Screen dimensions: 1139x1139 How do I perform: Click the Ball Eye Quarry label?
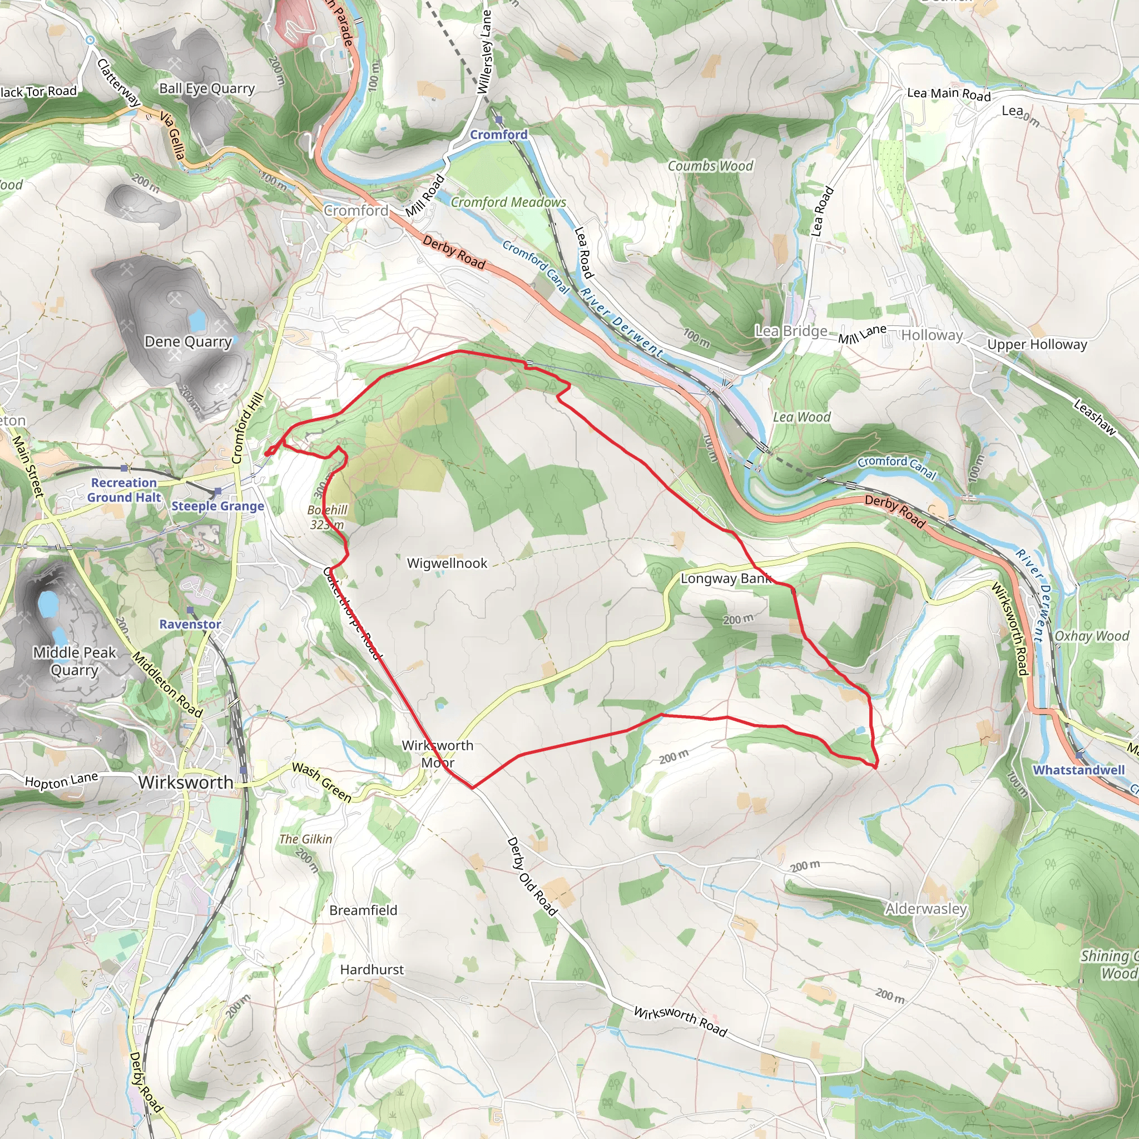pos(207,88)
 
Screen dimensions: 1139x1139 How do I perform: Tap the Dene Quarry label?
pos(188,341)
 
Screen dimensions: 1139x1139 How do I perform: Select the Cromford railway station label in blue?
pos(498,135)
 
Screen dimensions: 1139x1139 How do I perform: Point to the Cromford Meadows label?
pos(508,202)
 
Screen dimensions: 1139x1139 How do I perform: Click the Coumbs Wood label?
pos(710,166)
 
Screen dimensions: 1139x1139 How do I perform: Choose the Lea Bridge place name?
pos(791,331)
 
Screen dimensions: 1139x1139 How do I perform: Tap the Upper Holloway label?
pos(1037,344)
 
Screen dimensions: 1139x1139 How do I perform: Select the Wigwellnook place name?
pos(447,563)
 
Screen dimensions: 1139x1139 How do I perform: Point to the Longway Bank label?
pos(726,578)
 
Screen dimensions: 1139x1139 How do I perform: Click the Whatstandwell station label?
pos(1078,770)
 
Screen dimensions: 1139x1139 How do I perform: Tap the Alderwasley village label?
pos(925,909)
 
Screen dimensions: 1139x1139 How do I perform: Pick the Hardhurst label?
pos(372,970)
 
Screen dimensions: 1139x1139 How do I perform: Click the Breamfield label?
pos(363,910)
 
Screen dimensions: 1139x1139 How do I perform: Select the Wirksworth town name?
pos(186,783)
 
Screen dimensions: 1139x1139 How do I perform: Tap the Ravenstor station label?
pos(190,624)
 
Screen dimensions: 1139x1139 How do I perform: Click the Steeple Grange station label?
pos(217,506)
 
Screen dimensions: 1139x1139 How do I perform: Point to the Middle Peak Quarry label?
pos(75,661)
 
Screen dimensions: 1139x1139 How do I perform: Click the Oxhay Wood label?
pos(1091,636)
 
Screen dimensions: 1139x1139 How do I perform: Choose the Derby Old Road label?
pos(532,876)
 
